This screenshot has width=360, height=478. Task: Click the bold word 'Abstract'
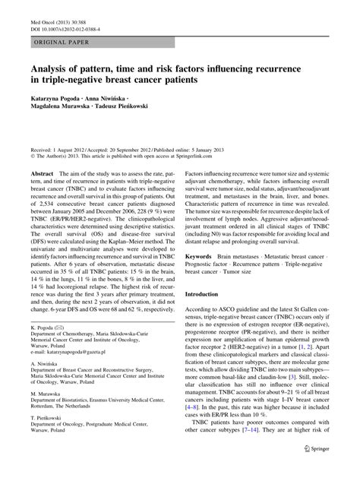41,174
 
